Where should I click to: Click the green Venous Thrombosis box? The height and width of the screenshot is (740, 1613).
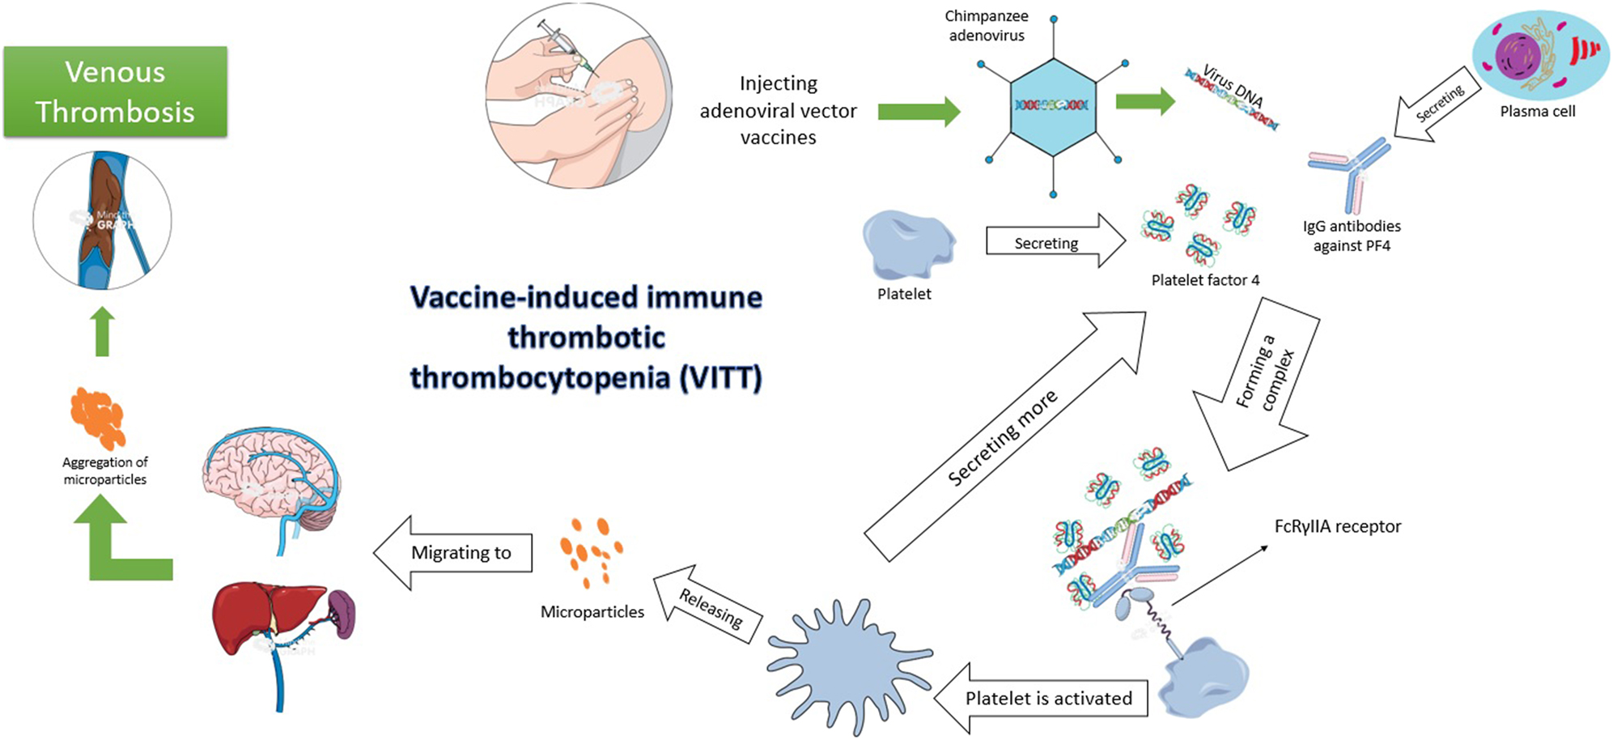[x=115, y=91]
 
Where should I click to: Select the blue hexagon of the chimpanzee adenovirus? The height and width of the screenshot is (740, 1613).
[x=1052, y=107]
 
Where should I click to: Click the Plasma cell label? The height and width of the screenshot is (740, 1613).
[x=1537, y=112]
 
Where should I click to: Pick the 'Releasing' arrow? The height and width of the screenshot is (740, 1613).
[x=709, y=606]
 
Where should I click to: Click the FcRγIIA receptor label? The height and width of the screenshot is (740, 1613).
[x=1337, y=526]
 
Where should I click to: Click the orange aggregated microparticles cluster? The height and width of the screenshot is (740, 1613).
[x=98, y=417]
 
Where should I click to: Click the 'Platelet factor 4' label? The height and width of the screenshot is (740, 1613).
[x=1205, y=280]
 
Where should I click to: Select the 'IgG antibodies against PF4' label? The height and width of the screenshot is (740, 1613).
[x=1352, y=236]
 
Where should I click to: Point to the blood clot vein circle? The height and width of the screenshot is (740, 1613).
[x=103, y=220]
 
